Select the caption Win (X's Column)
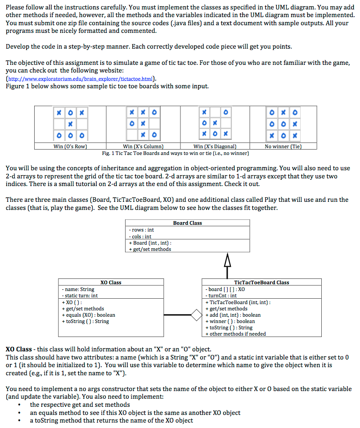[x=143, y=146]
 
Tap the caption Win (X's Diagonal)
[x=215, y=146]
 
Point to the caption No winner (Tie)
[x=283, y=146]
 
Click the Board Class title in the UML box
[x=188, y=223]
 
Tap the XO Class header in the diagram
[x=111, y=282]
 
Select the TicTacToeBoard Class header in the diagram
[x=261, y=282]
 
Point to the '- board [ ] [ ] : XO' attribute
[x=226, y=289]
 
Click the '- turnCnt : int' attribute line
[x=221, y=296]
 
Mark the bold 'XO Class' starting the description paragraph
[x=18, y=349]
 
